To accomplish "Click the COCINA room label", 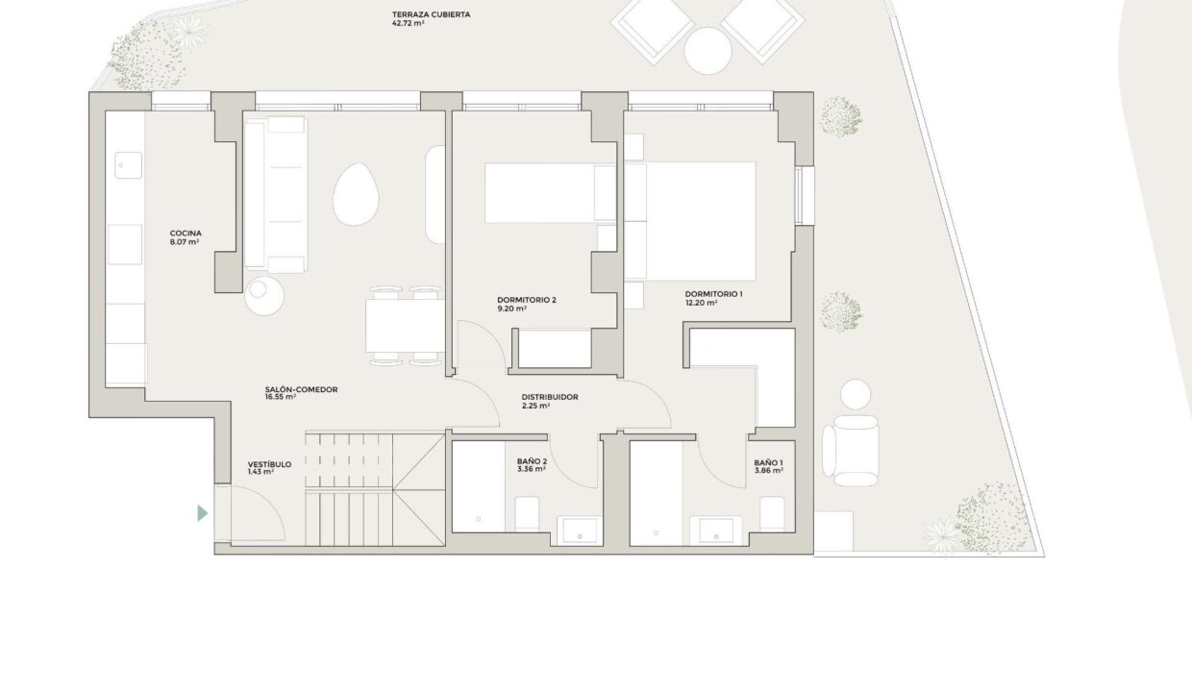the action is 186,233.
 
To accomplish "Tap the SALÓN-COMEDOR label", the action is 301,389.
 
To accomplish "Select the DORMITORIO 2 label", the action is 527,300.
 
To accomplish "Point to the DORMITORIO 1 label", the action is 713,294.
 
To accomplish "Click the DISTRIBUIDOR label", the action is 550,397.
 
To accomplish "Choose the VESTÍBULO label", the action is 269,464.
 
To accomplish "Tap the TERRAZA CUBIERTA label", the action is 432,14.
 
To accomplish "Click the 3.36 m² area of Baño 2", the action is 532,470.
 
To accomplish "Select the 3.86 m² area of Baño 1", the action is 768,471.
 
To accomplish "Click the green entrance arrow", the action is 202,513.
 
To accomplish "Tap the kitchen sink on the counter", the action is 128,165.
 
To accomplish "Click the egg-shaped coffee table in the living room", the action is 356,195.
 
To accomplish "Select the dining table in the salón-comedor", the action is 405,326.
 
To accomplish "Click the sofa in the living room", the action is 275,195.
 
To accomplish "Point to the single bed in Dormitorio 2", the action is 550,193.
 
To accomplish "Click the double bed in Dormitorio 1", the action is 689,221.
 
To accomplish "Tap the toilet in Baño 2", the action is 527,513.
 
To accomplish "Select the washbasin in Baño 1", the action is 716,531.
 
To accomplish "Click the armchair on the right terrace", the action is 851,451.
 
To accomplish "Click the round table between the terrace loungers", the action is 708,51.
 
